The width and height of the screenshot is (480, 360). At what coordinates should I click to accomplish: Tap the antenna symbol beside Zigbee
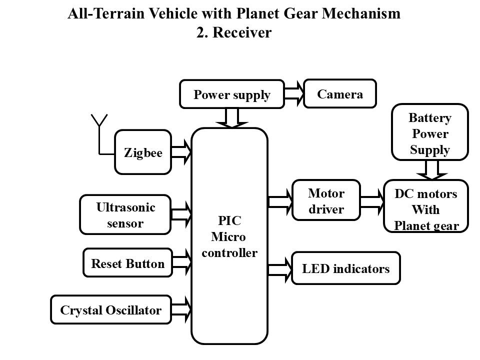pyautogui.click(x=99, y=134)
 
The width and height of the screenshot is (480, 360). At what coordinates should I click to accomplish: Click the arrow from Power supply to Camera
pyautogui.click(x=294, y=93)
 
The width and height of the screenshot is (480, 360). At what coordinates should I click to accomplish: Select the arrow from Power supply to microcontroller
pyautogui.click(x=231, y=118)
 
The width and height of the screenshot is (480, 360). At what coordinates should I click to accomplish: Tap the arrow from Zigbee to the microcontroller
pyautogui.click(x=181, y=152)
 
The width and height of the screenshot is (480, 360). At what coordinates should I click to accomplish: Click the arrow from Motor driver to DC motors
pyautogui.click(x=372, y=201)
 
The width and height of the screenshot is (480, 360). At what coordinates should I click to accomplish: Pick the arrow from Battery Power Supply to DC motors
pyautogui.click(x=432, y=170)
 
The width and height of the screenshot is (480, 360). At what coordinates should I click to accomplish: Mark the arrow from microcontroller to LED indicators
pyautogui.click(x=280, y=269)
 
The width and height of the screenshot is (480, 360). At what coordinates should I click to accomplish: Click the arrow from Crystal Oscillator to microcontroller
pyautogui.click(x=181, y=309)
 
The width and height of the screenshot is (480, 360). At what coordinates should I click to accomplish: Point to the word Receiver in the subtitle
pyautogui.click(x=242, y=32)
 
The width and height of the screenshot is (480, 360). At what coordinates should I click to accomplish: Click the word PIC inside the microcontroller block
pyautogui.click(x=229, y=220)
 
